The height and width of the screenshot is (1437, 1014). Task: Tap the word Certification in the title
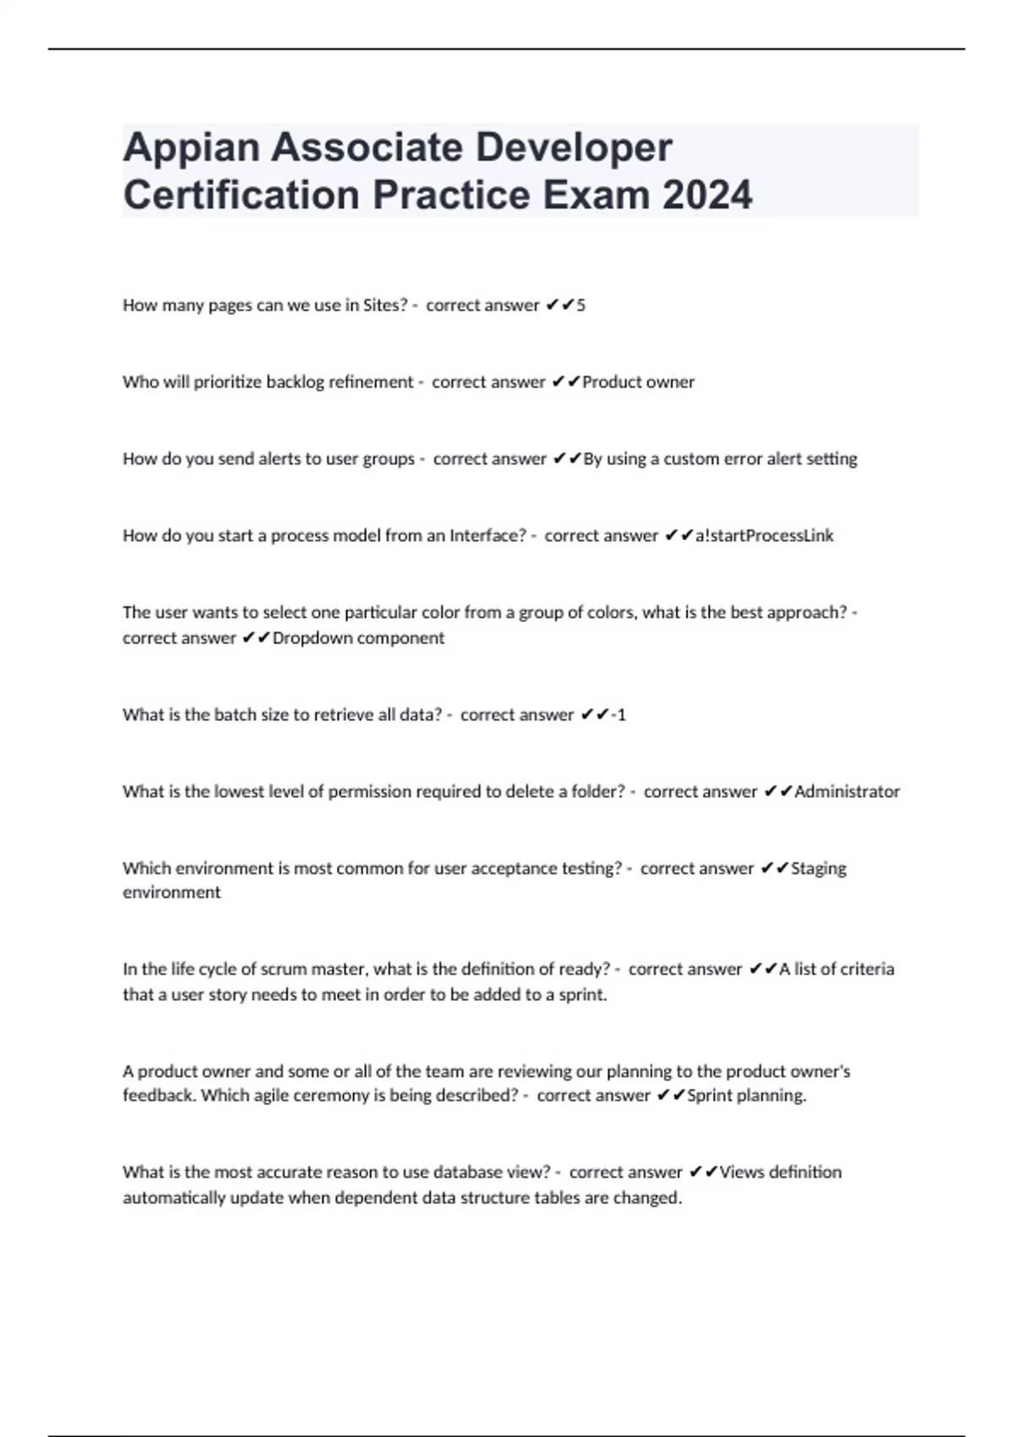242,195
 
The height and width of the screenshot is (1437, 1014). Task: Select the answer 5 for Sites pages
581,305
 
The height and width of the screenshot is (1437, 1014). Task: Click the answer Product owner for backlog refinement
638,382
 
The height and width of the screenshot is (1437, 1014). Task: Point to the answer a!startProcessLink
764,536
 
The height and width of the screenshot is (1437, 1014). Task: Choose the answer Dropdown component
358,638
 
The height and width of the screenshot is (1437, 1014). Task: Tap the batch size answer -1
618,715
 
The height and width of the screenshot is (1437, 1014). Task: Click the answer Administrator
847,792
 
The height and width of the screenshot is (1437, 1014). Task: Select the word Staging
818,868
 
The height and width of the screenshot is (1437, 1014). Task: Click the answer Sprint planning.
746,1096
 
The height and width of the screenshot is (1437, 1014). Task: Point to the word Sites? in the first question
385,305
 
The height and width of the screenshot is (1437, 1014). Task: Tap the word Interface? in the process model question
488,536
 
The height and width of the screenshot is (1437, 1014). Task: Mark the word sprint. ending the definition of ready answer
582,995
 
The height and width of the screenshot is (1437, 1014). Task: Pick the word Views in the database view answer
739,1172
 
